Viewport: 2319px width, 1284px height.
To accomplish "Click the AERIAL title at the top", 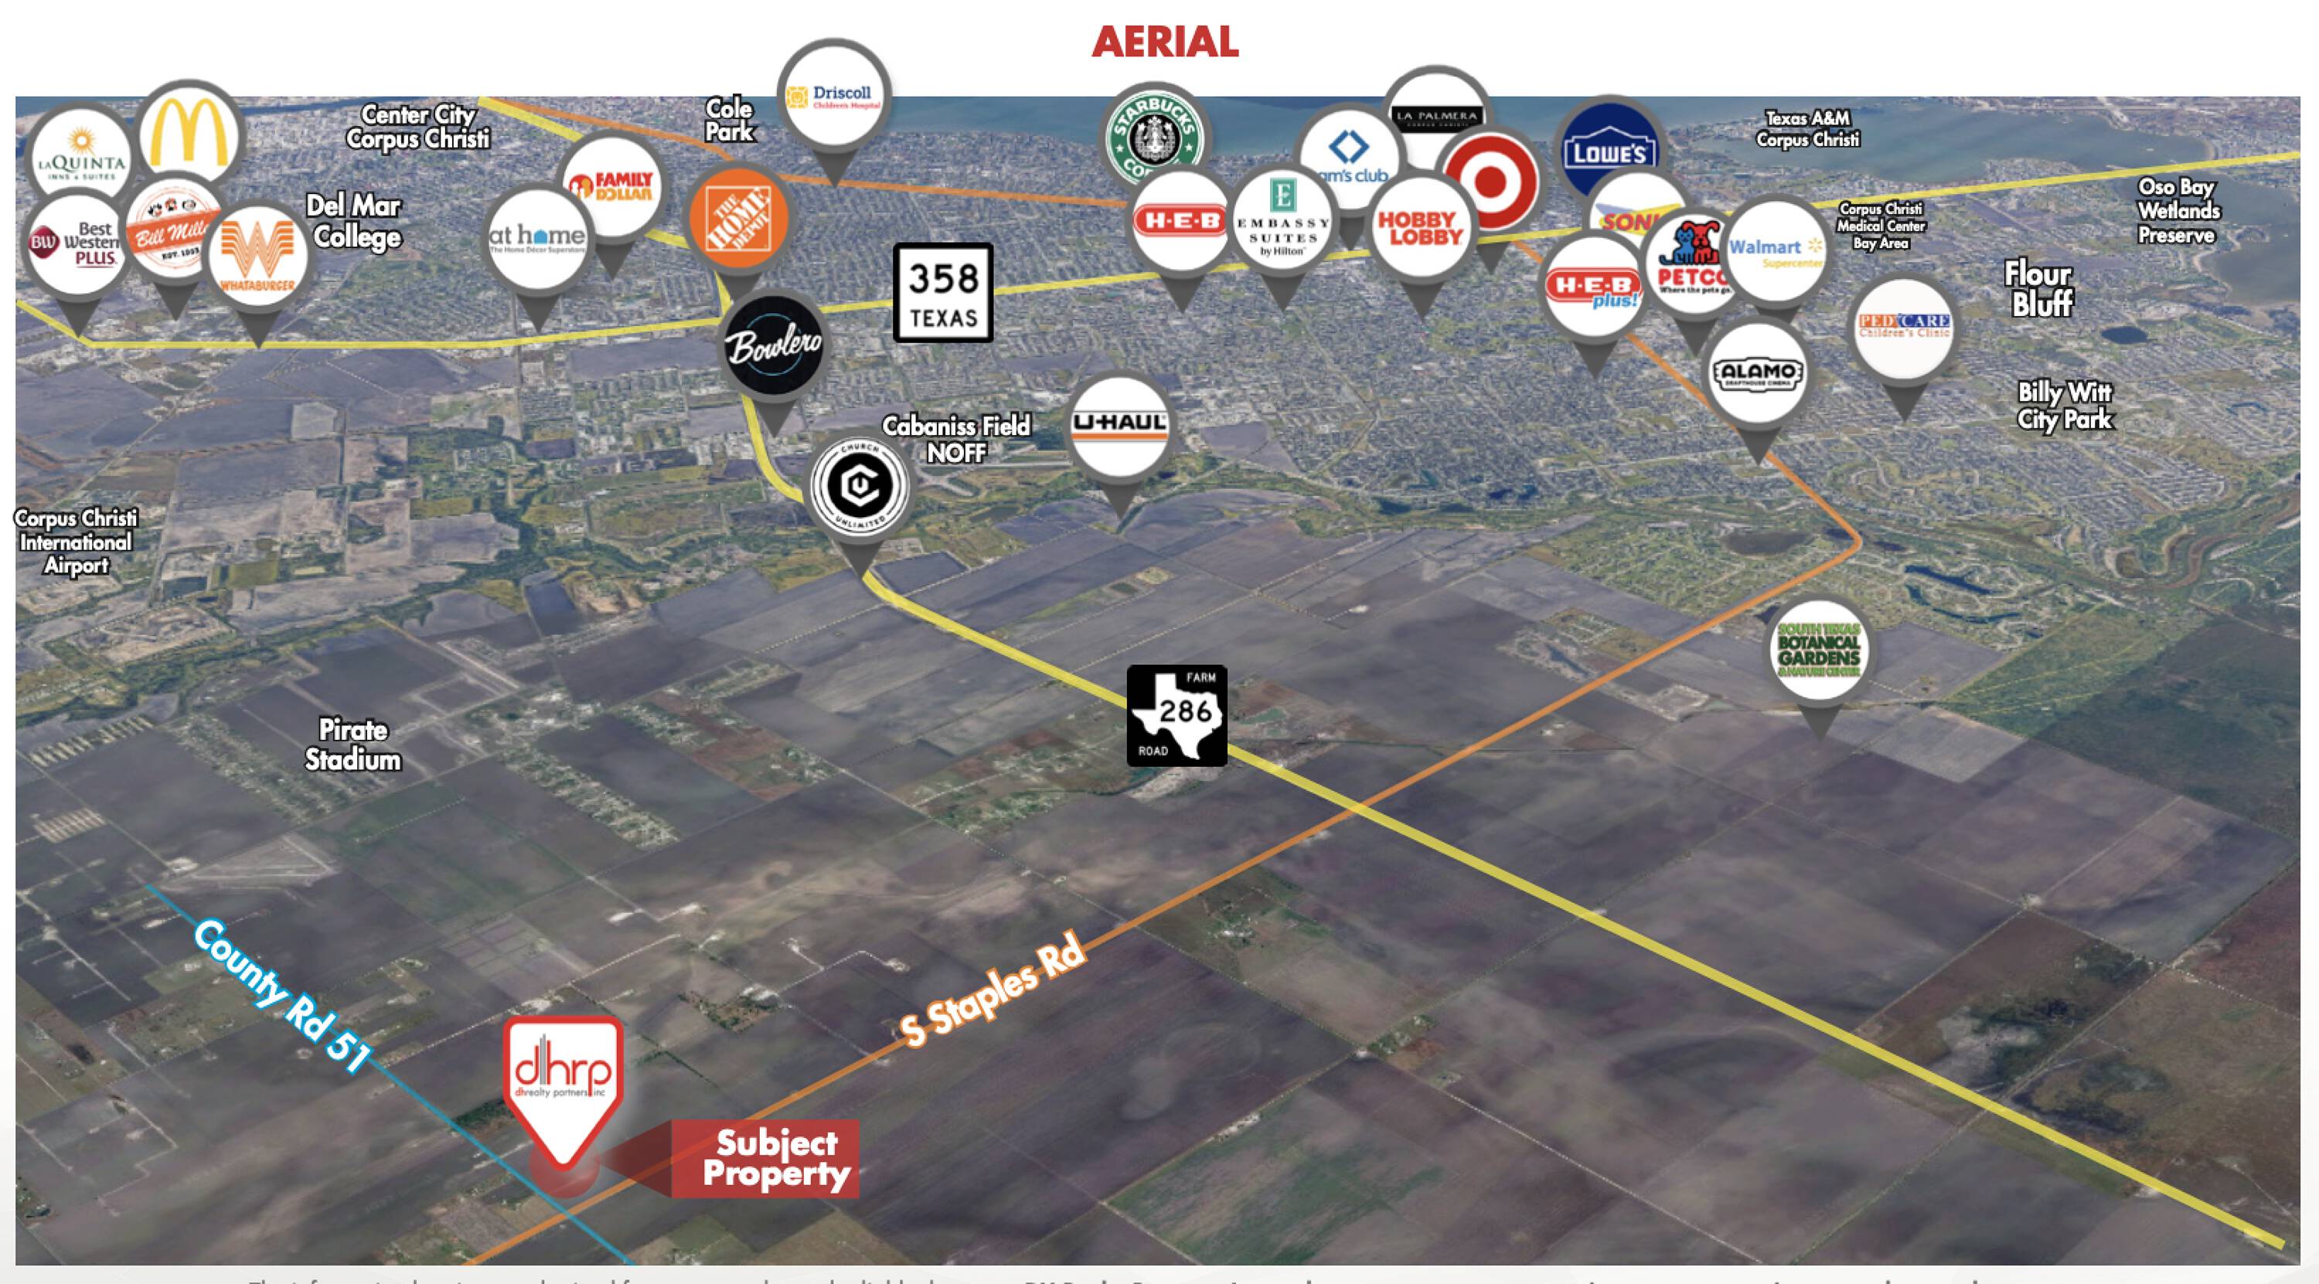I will click(x=1165, y=43).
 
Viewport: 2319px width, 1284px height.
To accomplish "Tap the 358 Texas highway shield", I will click(x=942, y=293).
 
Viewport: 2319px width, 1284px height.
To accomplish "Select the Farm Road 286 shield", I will click(x=1177, y=716).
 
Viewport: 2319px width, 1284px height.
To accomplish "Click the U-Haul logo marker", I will click(x=1120, y=426).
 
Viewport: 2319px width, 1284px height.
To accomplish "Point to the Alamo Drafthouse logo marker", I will click(x=1757, y=373).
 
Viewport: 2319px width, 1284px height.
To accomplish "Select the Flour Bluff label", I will click(x=2041, y=289).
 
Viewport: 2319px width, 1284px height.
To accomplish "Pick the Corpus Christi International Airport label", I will click(x=76, y=542).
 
